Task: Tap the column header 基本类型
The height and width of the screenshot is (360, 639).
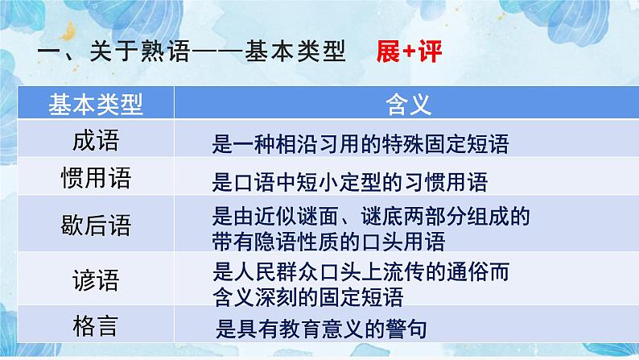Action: click(x=95, y=103)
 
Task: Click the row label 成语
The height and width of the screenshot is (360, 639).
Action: click(x=95, y=142)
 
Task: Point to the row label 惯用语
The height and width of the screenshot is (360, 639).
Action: click(x=95, y=178)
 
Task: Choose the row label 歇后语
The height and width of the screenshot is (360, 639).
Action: click(x=95, y=223)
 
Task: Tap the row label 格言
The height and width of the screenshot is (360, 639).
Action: click(x=95, y=325)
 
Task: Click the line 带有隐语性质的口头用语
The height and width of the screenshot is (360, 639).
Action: click(x=328, y=240)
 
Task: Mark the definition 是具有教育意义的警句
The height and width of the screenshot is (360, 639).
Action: click(x=321, y=329)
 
